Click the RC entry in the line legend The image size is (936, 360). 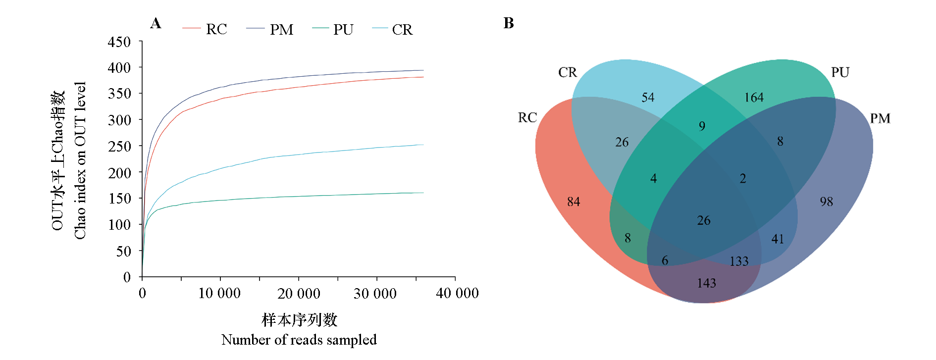pyautogui.click(x=216, y=30)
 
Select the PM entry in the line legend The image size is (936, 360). pyautogui.click(x=281, y=30)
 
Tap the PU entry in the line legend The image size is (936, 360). pyautogui.click(x=343, y=30)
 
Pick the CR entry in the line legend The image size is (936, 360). pyautogui.click(x=402, y=30)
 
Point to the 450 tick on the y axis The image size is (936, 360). pyautogui.click(x=119, y=42)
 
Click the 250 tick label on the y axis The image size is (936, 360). pyautogui.click(x=119, y=146)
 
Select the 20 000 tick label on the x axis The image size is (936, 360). pyautogui.click(x=299, y=294)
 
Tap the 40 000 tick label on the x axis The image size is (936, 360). pyautogui.click(x=457, y=294)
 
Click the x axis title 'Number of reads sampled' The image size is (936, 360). pyautogui.click(x=299, y=340)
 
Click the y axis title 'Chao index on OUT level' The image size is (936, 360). pyautogui.click(x=80, y=160)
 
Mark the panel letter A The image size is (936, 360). pyautogui.click(x=156, y=23)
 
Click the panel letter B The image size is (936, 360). pyautogui.click(x=509, y=23)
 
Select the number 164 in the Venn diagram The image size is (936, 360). pyautogui.click(x=754, y=98)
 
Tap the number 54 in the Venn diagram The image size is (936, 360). pyautogui.click(x=648, y=98)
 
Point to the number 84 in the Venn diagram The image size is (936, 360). pyautogui.click(x=573, y=202)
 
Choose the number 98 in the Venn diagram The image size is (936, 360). pyautogui.click(x=826, y=202)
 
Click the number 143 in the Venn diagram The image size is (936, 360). pyautogui.click(x=706, y=283)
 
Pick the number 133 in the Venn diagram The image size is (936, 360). pyautogui.click(x=739, y=261)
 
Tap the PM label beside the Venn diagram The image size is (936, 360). pyautogui.click(x=880, y=119)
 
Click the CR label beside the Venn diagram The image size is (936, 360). pyautogui.click(x=568, y=73)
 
